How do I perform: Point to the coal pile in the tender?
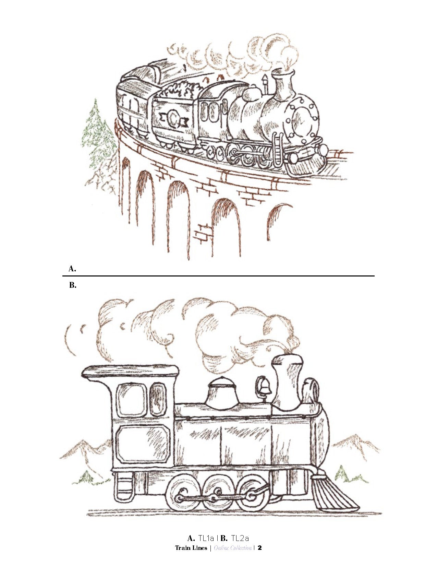pyautogui.click(x=180, y=90)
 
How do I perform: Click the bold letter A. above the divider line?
pyautogui.click(x=72, y=269)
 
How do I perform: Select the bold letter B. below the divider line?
pyautogui.click(x=73, y=285)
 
